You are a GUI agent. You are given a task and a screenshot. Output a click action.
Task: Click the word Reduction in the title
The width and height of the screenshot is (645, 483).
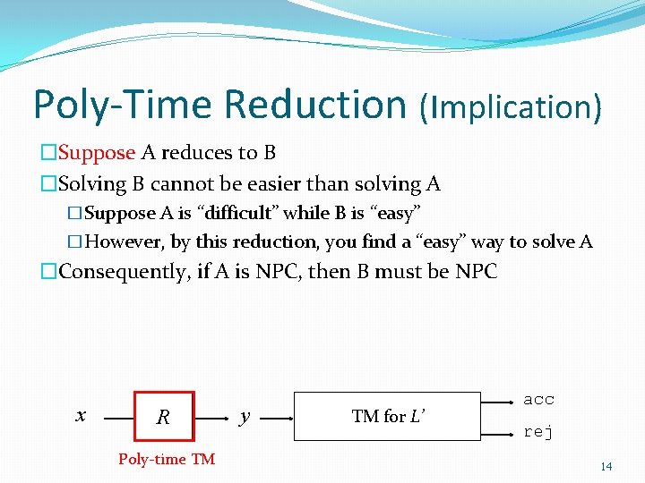point(315,104)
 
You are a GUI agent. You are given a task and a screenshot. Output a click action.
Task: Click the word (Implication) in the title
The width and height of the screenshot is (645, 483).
point(510,106)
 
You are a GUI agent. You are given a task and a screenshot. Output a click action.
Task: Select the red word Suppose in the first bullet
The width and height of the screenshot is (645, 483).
point(97,153)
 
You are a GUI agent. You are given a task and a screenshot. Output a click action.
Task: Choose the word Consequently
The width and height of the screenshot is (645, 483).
point(123,272)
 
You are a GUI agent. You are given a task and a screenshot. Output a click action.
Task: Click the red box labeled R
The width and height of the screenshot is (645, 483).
point(163,416)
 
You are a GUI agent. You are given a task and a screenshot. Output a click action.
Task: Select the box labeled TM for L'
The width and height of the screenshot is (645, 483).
point(388,416)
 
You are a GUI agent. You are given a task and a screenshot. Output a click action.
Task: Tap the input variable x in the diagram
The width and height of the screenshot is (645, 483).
point(81,415)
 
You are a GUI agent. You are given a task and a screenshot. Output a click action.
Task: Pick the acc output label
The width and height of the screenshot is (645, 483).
point(538,399)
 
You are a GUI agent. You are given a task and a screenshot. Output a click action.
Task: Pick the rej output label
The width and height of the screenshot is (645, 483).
point(538,432)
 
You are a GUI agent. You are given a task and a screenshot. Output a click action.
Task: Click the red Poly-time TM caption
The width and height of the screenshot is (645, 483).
point(167,459)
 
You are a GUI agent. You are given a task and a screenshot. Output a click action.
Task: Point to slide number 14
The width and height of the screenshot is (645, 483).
point(606,466)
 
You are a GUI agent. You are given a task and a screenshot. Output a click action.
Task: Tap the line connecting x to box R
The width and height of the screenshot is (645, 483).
point(118,417)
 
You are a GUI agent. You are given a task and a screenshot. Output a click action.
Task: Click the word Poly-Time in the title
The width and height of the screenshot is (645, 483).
point(123,104)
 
